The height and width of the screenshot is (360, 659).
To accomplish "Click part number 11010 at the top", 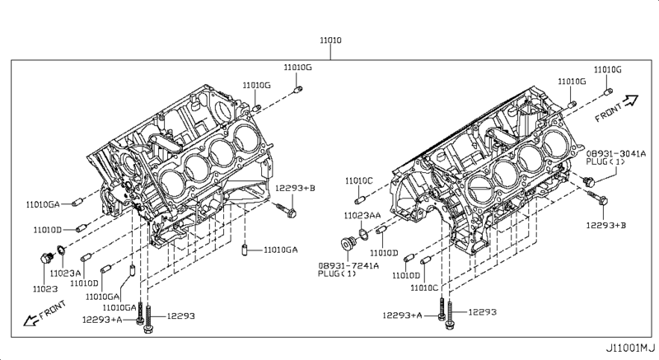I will [331, 40].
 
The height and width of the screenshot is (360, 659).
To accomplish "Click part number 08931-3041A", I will [616, 153].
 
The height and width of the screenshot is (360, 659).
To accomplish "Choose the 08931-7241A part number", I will [349, 265].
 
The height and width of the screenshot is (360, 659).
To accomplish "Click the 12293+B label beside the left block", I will [295, 188].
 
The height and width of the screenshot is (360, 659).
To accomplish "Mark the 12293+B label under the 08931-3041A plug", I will [605, 223].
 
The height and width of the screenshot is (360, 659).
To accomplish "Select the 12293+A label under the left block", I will [102, 319].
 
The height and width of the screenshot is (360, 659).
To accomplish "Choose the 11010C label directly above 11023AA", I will [358, 180].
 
